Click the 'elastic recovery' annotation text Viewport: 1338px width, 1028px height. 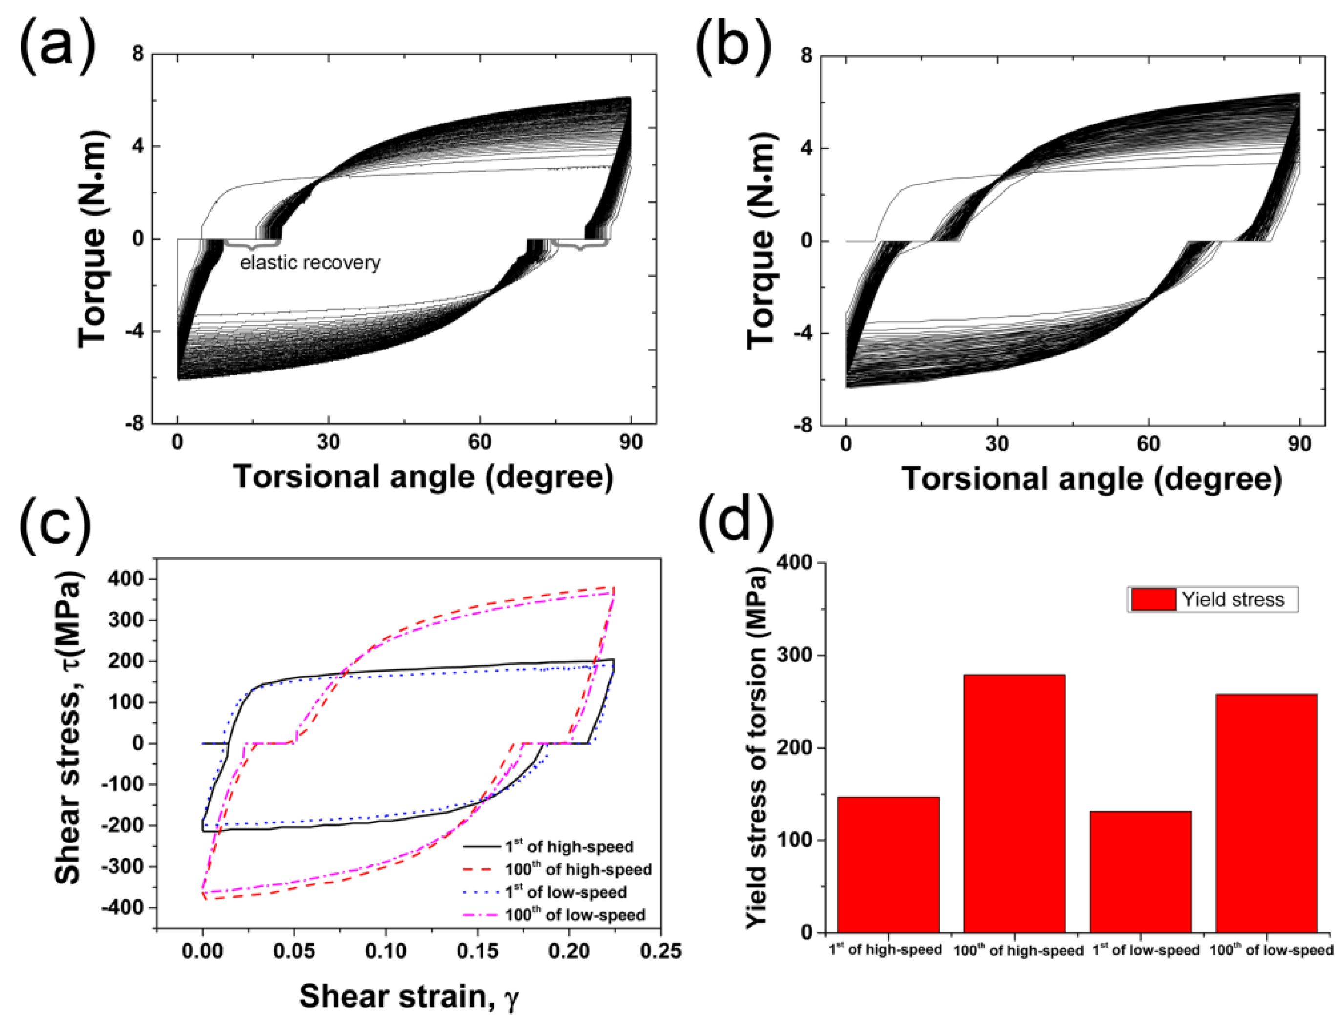point(310,263)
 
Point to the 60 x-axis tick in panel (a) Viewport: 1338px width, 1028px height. point(479,442)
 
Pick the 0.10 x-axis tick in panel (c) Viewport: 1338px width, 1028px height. point(386,950)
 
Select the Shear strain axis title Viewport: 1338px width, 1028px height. point(409,996)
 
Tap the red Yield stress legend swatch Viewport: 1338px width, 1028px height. point(1152,599)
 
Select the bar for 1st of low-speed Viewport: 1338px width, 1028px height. point(1140,871)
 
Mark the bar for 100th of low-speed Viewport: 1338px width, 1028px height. point(1266,813)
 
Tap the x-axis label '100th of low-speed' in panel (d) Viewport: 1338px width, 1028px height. point(1271,950)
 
